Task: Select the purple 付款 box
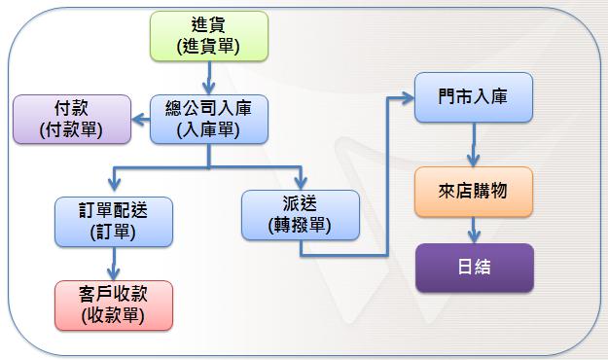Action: (70, 118)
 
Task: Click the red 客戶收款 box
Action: (114, 305)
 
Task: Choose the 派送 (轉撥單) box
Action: (301, 215)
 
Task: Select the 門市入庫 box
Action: (475, 97)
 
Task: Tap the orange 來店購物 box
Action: (474, 192)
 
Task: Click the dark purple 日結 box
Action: (475, 268)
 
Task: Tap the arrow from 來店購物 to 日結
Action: (475, 230)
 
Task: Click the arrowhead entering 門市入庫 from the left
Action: (407, 97)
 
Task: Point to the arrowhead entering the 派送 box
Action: (300, 182)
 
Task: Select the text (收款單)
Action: (114, 315)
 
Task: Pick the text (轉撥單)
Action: (301, 226)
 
